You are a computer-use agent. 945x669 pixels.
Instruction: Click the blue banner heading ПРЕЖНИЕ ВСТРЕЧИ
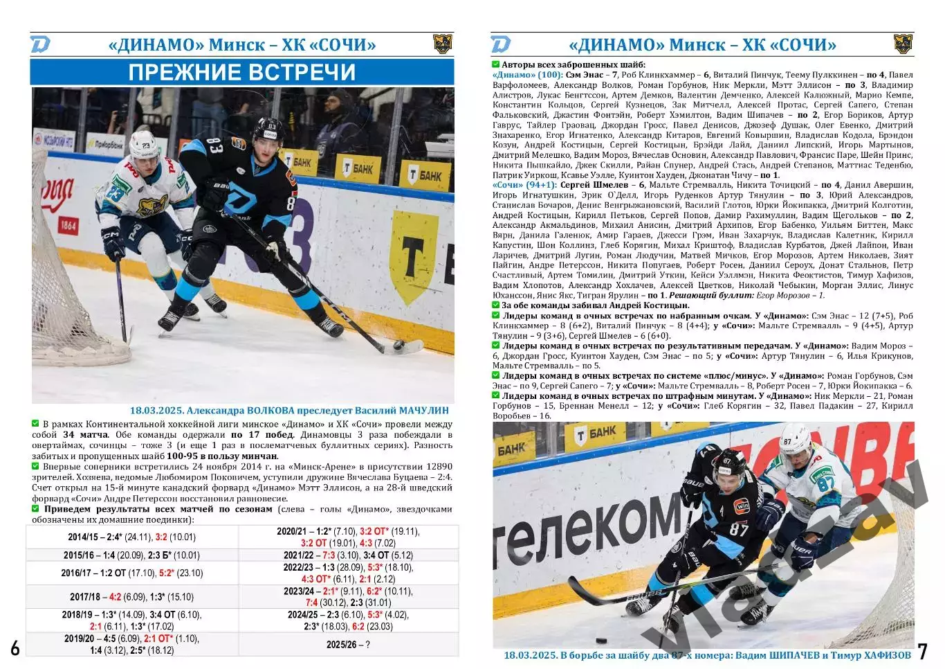tap(242, 72)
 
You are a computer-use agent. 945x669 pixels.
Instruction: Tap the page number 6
tap(15, 648)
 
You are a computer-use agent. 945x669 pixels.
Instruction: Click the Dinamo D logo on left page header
tap(40, 45)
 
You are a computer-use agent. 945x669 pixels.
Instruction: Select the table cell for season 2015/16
tap(131, 555)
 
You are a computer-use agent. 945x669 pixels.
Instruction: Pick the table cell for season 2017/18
tap(131, 597)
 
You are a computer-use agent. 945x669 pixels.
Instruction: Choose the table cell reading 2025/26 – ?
tap(348, 644)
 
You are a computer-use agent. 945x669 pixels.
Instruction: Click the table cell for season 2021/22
tap(348, 555)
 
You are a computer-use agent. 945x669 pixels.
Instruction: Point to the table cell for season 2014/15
tap(131, 537)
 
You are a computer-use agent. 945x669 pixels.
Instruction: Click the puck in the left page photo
tap(399, 344)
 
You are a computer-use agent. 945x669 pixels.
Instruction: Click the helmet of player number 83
tap(267, 130)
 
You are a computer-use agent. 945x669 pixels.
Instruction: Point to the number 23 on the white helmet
tap(146, 146)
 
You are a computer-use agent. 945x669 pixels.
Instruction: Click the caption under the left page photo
tap(289, 410)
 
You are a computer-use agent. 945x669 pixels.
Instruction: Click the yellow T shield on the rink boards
tap(413, 256)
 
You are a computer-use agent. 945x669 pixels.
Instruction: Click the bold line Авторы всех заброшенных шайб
tap(574, 64)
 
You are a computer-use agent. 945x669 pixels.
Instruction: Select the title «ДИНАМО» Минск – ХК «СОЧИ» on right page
tap(701, 45)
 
